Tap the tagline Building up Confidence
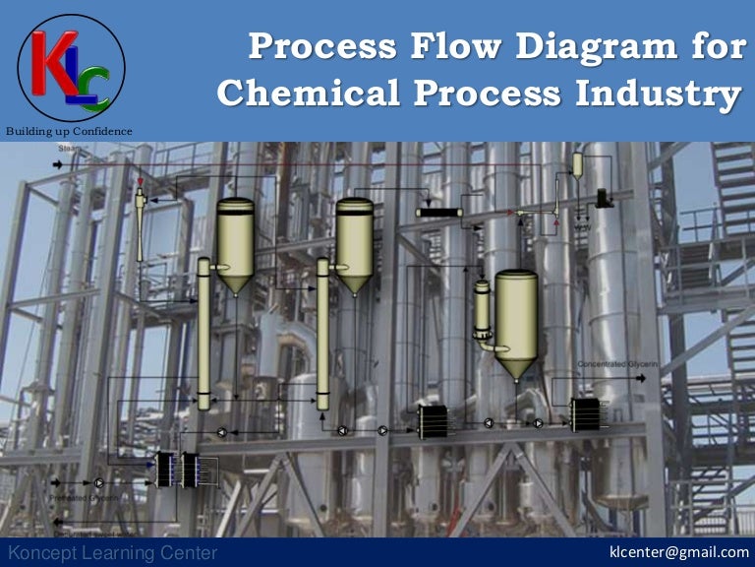click(68, 132)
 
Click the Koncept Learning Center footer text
click(111, 553)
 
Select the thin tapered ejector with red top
click(141, 221)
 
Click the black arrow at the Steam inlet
click(56, 164)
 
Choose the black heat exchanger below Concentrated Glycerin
click(585, 414)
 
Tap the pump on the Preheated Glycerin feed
click(100, 483)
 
